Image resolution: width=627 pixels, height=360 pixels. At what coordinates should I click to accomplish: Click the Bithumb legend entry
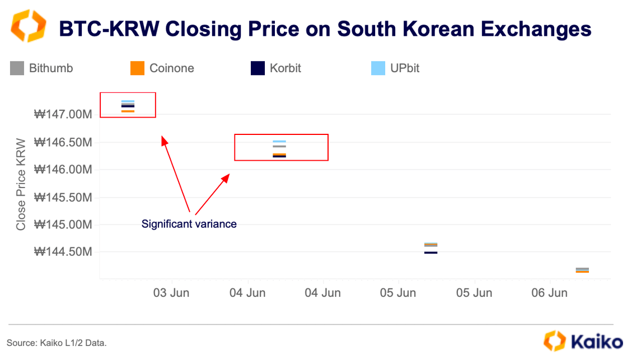pyautogui.click(x=42, y=68)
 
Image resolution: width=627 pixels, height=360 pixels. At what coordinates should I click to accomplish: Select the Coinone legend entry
pyautogui.click(x=162, y=68)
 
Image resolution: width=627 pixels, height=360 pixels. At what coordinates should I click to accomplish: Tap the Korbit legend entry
pyautogui.click(x=276, y=68)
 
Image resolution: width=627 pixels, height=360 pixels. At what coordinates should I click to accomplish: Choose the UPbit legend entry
pyautogui.click(x=396, y=68)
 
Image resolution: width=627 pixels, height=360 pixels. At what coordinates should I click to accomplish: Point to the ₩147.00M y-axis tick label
pyautogui.click(x=63, y=115)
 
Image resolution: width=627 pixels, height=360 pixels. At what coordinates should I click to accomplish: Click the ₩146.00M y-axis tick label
pyautogui.click(x=63, y=170)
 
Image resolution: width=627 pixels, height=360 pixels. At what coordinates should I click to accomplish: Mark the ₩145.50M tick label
pyautogui.click(x=63, y=197)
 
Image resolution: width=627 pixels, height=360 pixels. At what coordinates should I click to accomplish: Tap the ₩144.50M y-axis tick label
pyautogui.click(x=63, y=252)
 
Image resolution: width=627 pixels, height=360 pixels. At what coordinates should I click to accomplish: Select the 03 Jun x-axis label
pyautogui.click(x=171, y=293)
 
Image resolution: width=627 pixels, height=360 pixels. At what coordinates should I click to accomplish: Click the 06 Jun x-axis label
pyautogui.click(x=549, y=293)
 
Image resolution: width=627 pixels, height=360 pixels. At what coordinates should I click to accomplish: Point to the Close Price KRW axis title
pyautogui.click(x=21, y=184)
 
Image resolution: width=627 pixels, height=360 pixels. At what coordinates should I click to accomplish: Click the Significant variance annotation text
pyautogui.click(x=189, y=224)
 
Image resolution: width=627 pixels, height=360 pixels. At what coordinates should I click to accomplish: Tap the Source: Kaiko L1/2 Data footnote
pyautogui.click(x=57, y=342)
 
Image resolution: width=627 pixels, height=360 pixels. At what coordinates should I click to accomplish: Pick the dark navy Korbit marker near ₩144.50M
pyautogui.click(x=431, y=253)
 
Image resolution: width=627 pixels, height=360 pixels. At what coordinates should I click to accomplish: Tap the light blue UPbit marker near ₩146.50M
pyautogui.click(x=279, y=142)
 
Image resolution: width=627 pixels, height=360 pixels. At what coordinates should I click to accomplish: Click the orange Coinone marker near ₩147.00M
pyautogui.click(x=128, y=111)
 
